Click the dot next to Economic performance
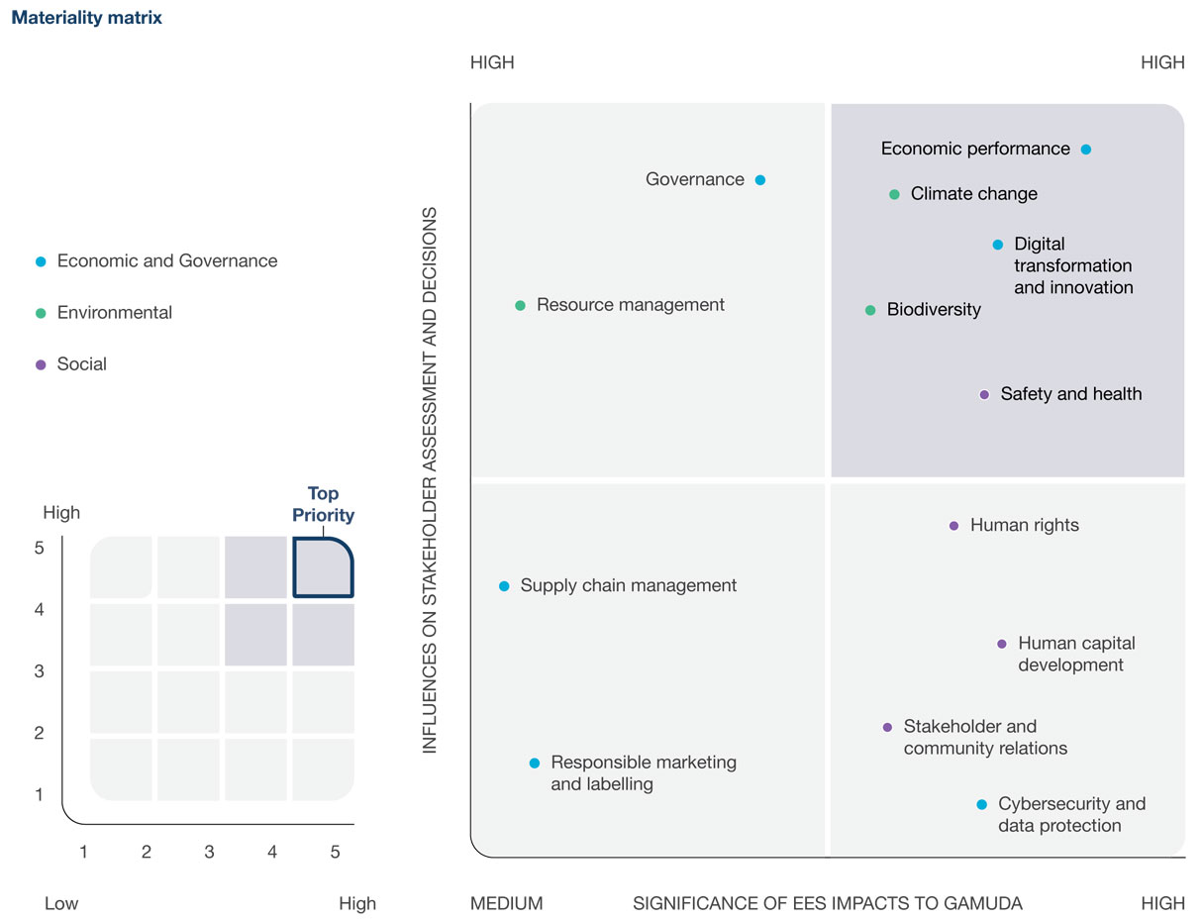pos(1086,150)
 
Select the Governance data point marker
pos(760,180)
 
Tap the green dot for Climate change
pos(894,195)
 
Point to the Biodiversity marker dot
pos(870,311)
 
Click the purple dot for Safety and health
pos(984,394)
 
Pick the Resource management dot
pos(520,306)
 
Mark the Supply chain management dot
pos(504,586)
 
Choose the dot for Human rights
pos(953,526)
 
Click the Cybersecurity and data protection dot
pos(981,805)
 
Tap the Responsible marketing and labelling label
pos(644,773)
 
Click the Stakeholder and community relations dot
pos(887,727)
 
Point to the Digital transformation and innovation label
pos(1073,265)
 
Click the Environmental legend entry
pos(114,313)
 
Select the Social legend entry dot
pos(41,364)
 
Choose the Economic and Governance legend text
pos(167,261)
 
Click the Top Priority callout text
pos(323,504)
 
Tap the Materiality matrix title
pos(87,18)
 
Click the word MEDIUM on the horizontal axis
pos(506,903)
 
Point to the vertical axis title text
pos(430,480)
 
